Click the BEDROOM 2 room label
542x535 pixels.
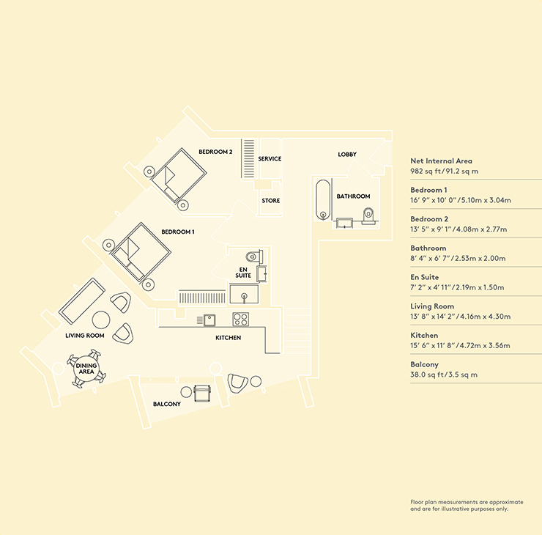pyautogui.click(x=215, y=152)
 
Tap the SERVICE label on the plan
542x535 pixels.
pyautogui.click(x=270, y=159)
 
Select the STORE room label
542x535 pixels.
pyautogui.click(x=271, y=201)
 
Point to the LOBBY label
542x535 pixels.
pyautogui.click(x=347, y=154)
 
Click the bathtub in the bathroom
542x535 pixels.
pyautogui.click(x=323, y=199)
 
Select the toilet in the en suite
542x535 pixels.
pyautogui.click(x=254, y=257)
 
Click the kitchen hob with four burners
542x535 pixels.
pyautogui.click(x=240, y=320)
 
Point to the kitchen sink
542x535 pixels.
pyautogui.click(x=209, y=320)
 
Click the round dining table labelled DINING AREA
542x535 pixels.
pyautogui.click(x=86, y=369)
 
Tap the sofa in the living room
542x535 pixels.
pyautogui.click(x=82, y=301)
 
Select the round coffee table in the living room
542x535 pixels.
pyautogui.click(x=101, y=320)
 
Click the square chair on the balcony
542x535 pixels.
pyautogui.click(x=202, y=394)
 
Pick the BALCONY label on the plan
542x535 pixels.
pyautogui.click(x=167, y=404)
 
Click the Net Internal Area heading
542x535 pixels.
pyautogui.click(x=441, y=160)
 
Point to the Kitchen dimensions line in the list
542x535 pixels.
pyautogui.click(x=460, y=345)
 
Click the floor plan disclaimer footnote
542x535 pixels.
pyautogui.click(x=467, y=505)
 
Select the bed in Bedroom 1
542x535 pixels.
pyautogui.click(x=141, y=252)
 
